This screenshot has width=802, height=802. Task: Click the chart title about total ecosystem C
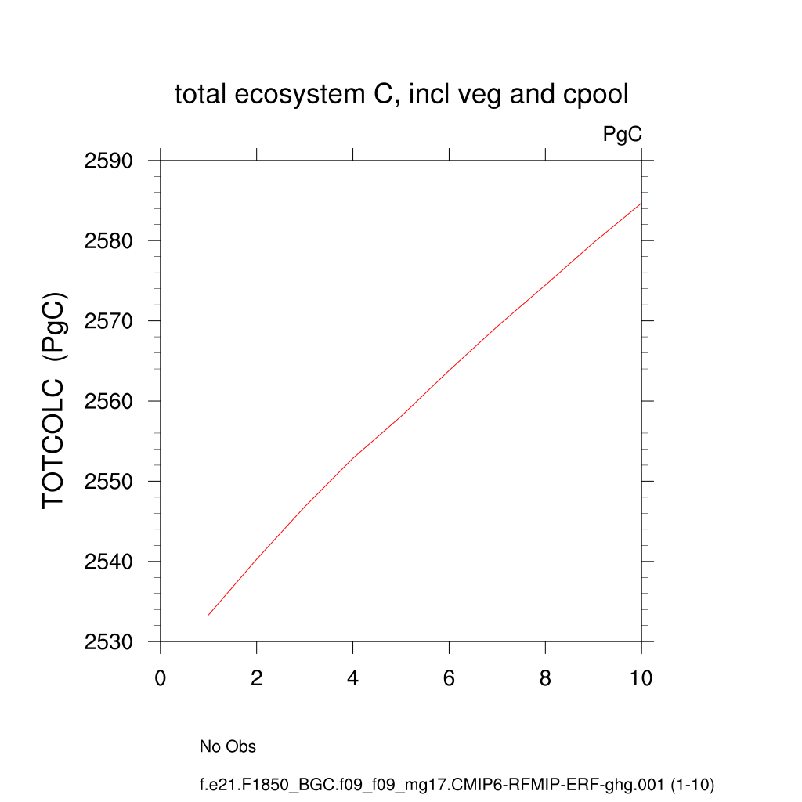coord(401,95)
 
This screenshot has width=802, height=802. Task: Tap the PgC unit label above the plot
coord(622,135)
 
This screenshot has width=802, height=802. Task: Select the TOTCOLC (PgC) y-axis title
coord(54,400)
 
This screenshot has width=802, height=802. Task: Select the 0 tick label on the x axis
coord(161,678)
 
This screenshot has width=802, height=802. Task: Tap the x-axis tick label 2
coord(257,678)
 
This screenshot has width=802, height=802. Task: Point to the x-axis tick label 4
coord(353,678)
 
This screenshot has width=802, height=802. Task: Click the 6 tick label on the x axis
coord(449,678)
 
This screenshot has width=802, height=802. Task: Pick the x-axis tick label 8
coord(545,678)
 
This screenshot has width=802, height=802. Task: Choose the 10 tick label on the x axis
coord(641,678)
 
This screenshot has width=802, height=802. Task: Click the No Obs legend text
coord(228,746)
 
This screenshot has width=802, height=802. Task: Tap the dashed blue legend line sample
coord(137,746)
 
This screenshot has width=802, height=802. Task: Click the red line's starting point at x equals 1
coord(209,615)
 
